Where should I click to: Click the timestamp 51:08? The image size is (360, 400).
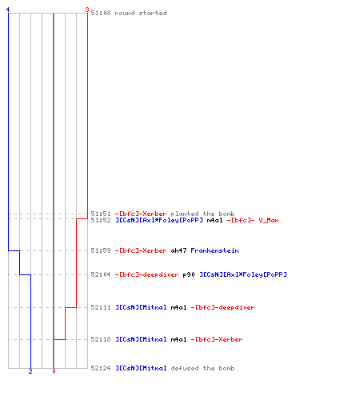pos(101,13)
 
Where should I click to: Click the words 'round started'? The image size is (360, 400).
pos(141,13)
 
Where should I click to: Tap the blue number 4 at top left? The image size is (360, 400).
pos(8,10)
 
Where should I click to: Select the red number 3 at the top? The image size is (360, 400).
pos(87,10)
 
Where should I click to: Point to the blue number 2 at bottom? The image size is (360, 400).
pos(30,371)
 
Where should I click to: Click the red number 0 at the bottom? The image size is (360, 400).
pos(54,371)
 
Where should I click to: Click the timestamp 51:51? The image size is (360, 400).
pos(101,214)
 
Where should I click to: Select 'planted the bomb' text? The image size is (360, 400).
pos(202,214)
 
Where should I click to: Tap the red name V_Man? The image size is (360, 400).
pos(269,220)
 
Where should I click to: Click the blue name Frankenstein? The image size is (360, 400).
pos(214,250)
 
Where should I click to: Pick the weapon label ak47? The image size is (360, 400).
pos(178,250)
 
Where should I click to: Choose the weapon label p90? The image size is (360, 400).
pos(189,274)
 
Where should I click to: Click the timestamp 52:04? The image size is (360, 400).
pos(101,274)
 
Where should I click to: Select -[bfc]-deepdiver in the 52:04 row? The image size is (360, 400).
pos(146,274)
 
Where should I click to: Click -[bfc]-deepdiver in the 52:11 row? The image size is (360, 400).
pos(222,307)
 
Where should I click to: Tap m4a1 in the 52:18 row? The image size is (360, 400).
pos(178,339)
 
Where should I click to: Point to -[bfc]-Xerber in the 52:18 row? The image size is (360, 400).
pos(217,339)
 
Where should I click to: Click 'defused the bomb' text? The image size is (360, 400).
pos(202,368)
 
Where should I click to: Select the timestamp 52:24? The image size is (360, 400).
pos(101,368)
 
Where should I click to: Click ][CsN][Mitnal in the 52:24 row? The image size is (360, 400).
pos(141,368)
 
